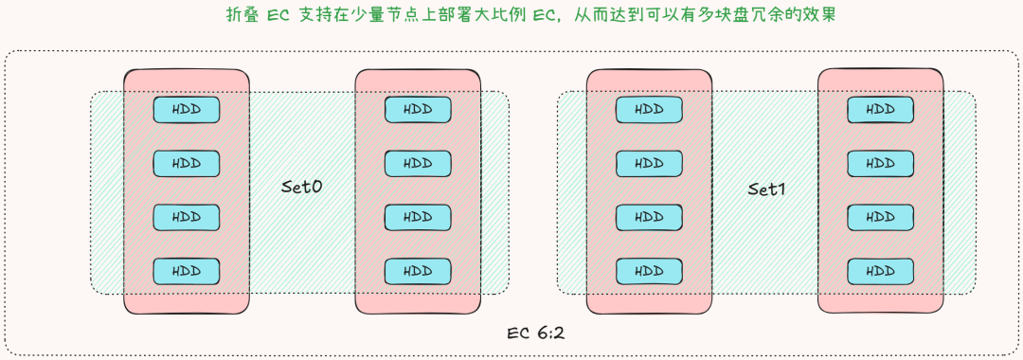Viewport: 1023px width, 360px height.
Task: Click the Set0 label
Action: [302, 188]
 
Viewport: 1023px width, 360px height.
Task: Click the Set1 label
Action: [767, 189]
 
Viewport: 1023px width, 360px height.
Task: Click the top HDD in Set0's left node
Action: [187, 110]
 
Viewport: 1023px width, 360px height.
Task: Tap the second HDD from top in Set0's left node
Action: [187, 164]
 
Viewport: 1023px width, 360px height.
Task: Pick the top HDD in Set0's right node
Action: [418, 109]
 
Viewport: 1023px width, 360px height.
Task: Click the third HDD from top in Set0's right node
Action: [418, 217]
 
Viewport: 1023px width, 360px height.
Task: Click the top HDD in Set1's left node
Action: [649, 109]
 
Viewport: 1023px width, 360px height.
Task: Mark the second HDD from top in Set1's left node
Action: [649, 163]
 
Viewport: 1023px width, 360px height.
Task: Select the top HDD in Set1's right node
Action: [880, 109]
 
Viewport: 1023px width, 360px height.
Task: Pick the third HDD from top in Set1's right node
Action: [880, 217]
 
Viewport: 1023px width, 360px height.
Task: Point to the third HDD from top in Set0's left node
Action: [187, 217]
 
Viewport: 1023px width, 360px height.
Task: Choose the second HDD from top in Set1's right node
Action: [880, 163]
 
